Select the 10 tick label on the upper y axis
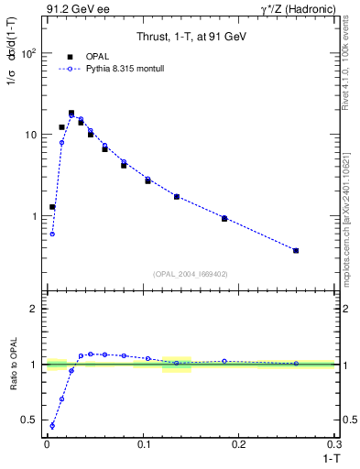[x=30, y=135]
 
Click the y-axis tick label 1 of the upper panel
[x=34, y=216]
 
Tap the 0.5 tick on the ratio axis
[x=29, y=420]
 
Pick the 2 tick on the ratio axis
[x=34, y=309]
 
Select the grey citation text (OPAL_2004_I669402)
[x=190, y=272]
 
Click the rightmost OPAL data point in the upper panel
[x=296, y=250]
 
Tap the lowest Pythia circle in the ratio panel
[x=52, y=425]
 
